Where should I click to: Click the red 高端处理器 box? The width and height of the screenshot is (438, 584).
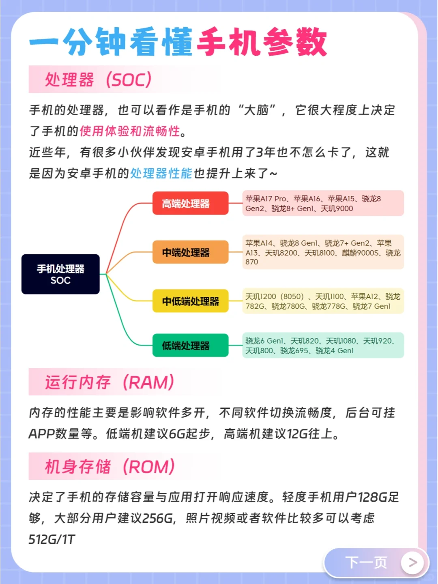(x=190, y=203)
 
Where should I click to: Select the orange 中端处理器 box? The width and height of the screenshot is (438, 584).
(x=190, y=252)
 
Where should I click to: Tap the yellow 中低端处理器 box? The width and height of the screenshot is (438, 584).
(x=190, y=301)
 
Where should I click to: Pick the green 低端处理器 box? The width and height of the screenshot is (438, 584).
(x=190, y=346)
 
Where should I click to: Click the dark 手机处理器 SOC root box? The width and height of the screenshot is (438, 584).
(x=60, y=274)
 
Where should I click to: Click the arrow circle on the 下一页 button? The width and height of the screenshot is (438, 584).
(x=412, y=563)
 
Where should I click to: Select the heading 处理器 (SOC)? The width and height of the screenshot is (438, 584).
(x=98, y=79)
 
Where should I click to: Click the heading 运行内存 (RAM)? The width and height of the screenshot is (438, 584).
(x=109, y=382)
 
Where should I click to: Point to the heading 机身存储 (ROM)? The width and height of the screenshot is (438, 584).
(x=109, y=466)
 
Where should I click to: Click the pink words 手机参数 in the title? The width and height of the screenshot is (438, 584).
(x=262, y=42)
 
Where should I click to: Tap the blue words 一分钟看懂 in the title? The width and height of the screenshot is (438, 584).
(x=110, y=42)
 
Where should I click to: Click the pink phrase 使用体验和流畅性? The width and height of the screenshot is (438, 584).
(x=130, y=131)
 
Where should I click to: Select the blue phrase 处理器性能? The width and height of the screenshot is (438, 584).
(x=161, y=173)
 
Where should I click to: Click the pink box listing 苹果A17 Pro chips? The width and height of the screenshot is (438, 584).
(x=323, y=203)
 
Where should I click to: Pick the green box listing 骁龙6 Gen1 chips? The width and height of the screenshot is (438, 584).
(x=323, y=346)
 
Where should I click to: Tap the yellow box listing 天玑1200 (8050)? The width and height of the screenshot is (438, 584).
(x=323, y=301)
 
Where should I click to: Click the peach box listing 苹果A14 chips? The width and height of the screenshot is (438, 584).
(x=323, y=252)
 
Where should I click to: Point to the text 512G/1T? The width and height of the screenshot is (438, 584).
(x=52, y=539)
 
